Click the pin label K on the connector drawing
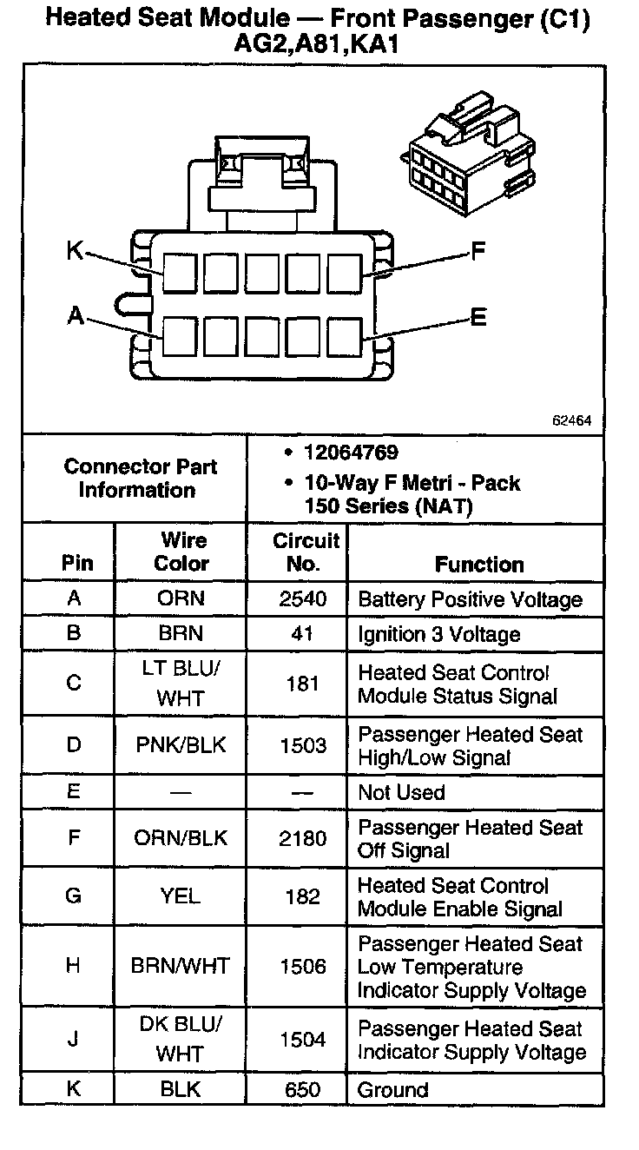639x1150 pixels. click(x=75, y=252)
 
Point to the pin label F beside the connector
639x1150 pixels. click(x=478, y=253)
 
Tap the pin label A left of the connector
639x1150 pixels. click(x=76, y=317)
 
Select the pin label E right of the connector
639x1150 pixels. click(x=478, y=318)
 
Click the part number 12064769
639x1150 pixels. click(x=351, y=453)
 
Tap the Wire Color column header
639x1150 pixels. click(x=181, y=552)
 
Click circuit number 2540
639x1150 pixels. click(x=302, y=599)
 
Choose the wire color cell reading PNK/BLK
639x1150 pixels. click(x=181, y=745)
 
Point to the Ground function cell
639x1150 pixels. click(x=393, y=1089)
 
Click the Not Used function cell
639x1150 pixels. click(x=401, y=792)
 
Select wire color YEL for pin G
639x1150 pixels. click(x=181, y=896)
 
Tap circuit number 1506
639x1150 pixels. click(x=302, y=966)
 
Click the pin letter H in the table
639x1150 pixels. click(x=74, y=966)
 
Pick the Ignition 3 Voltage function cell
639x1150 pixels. click(x=438, y=634)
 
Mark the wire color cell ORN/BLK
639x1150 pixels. click(x=181, y=838)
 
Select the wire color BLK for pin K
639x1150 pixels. click(x=181, y=1089)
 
